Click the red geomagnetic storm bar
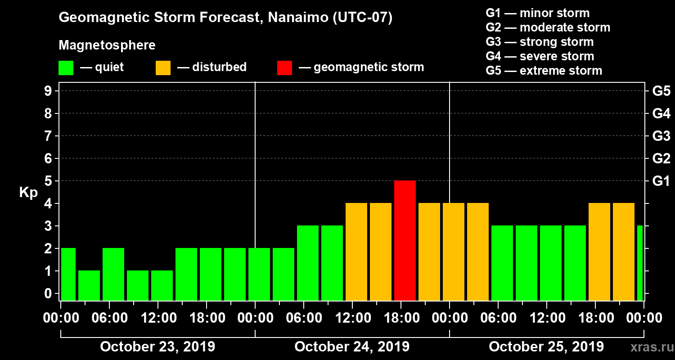405,240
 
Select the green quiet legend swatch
66,68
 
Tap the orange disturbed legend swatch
163,68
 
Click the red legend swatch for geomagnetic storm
284,68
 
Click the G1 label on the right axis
661,181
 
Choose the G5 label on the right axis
661,91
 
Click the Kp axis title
28,192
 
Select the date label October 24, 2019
352,347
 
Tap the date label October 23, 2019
157,347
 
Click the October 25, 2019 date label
546,347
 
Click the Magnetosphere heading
107,45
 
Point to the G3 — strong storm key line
540,42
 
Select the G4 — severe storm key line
540,56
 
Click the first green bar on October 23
68,274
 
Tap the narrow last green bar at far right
639,263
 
